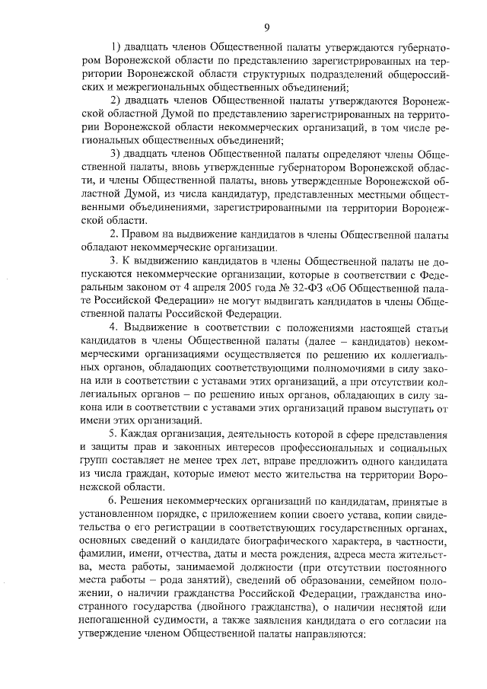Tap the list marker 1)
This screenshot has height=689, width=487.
coord(117,49)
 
